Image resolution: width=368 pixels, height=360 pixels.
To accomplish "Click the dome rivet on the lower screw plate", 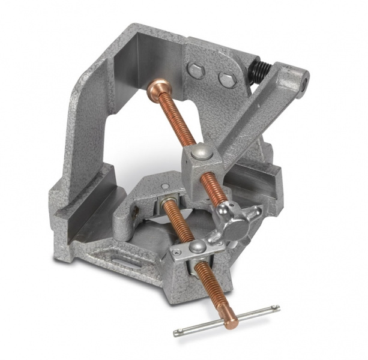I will pos(194,246).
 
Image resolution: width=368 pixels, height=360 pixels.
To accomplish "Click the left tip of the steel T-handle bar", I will pos(177,332).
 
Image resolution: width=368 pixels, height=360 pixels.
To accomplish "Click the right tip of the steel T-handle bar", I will pos(277,308).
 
